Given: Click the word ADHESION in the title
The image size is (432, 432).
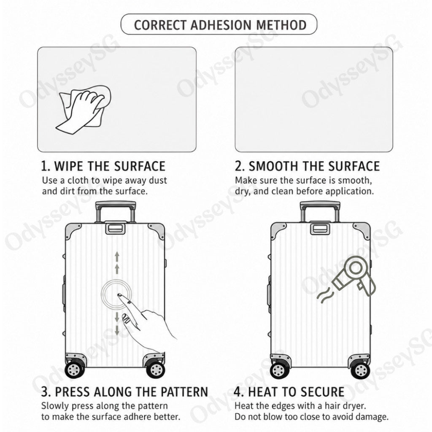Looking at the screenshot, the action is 221,25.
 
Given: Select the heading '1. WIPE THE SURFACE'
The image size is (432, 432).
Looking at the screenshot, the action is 103,166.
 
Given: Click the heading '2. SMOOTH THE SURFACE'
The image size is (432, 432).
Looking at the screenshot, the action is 307,166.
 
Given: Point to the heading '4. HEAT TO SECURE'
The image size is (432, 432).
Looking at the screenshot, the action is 289,392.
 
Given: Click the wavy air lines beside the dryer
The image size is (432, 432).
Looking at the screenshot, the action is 324,295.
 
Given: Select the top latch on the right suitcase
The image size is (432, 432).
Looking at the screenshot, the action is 320,228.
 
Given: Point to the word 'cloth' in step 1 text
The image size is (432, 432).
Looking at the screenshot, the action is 78,181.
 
